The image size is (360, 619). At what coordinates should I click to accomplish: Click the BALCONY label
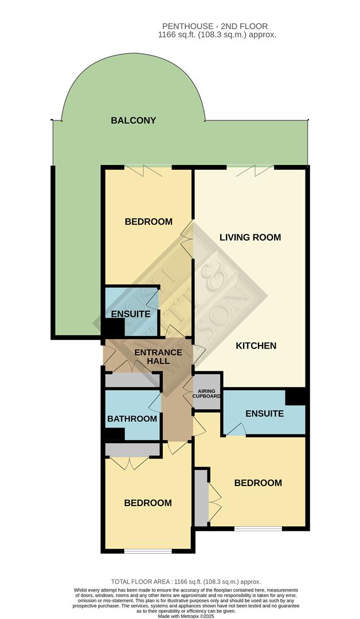(134, 120)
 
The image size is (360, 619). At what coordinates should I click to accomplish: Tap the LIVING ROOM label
(251, 237)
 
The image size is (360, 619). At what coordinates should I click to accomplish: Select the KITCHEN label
(256, 346)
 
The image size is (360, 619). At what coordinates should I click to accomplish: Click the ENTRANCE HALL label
(158, 356)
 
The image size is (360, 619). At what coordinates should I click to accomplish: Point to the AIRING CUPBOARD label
(206, 393)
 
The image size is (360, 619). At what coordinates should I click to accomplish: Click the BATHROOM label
(132, 418)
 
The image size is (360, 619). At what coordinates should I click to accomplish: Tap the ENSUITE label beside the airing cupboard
(264, 413)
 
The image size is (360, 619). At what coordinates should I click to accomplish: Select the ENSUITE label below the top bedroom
(131, 314)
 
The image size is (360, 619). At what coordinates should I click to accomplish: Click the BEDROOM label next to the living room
(148, 221)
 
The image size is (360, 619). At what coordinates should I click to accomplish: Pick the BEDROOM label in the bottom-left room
(148, 503)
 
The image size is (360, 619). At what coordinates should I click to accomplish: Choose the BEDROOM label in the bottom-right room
(258, 483)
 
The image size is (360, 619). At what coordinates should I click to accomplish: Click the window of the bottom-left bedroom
(148, 551)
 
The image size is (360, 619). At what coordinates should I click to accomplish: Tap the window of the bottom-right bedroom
(258, 528)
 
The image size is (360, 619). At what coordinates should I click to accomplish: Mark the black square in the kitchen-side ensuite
(296, 396)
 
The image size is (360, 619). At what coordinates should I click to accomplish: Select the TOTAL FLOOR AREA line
(180, 581)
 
